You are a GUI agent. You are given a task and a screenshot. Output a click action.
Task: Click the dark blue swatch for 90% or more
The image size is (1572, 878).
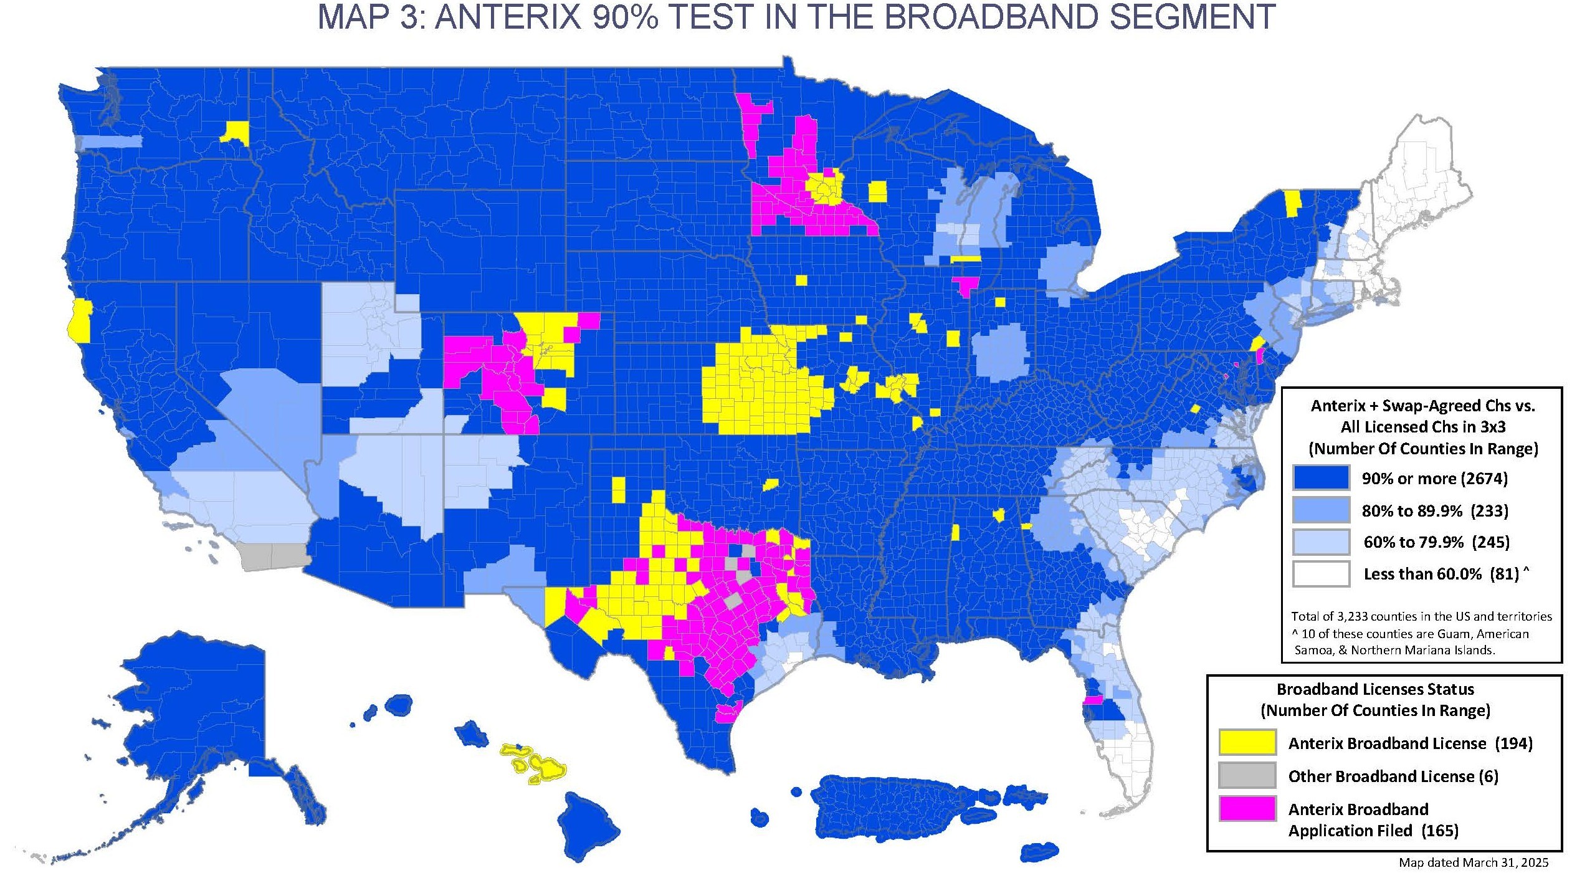click(1320, 478)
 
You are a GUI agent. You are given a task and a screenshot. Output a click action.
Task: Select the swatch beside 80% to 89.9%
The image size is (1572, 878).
click(1320, 510)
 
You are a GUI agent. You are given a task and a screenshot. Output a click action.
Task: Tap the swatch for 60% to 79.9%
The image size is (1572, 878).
click(1320, 542)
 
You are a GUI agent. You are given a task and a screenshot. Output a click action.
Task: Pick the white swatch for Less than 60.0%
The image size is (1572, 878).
click(1320, 573)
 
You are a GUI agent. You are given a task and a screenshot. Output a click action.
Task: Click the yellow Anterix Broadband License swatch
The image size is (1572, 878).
click(1247, 743)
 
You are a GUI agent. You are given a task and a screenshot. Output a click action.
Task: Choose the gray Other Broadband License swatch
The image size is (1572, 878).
click(1247, 776)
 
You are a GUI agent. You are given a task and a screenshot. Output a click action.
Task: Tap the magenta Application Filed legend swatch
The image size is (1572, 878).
click(1247, 808)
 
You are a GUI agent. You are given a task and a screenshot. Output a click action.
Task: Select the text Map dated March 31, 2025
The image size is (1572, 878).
click(1473, 862)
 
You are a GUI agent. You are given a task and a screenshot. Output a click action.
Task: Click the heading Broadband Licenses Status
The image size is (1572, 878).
click(1375, 689)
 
